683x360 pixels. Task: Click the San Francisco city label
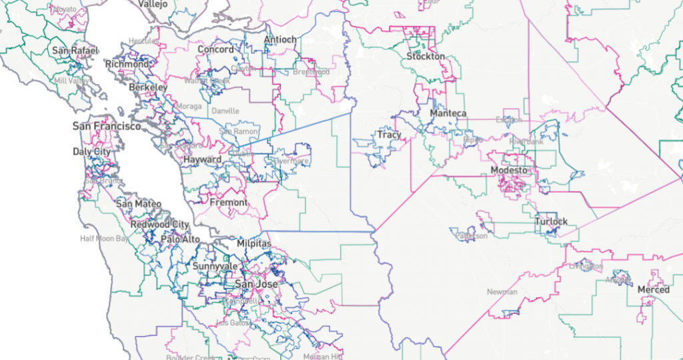(107, 126)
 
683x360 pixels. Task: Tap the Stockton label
(426, 57)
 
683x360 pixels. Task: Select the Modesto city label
(509, 170)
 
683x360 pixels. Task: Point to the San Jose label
(255, 284)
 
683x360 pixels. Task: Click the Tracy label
(389, 135)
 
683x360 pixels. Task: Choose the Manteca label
(448, 113)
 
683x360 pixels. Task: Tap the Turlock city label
(551, 221)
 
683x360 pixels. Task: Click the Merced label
(653, 290)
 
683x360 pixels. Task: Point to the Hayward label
(202, 160)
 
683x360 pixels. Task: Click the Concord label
(215, 49)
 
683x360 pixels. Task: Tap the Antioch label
(280, 40)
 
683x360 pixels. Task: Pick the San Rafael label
(75, 51)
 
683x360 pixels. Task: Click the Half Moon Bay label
(103, 238)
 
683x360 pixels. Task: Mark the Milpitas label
(253, 244)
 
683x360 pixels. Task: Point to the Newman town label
(502, 292)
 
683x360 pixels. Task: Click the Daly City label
(91, 152)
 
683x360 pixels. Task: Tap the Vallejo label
(153, 4)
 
